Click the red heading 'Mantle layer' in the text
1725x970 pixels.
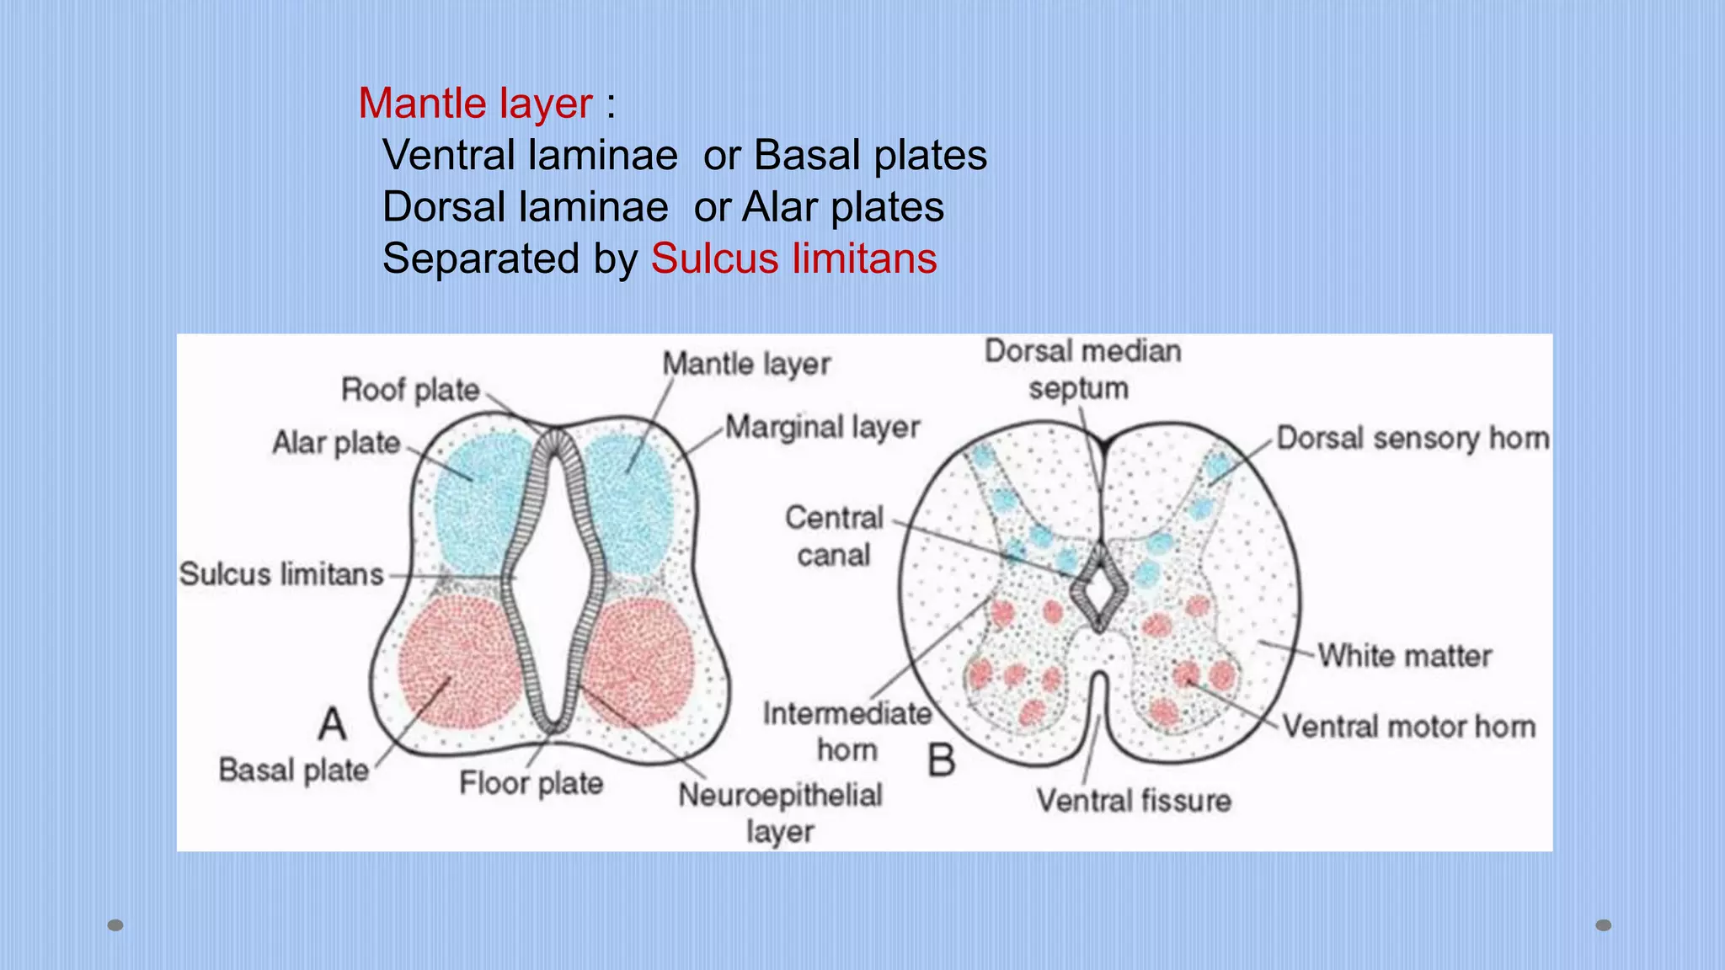pos(475,104)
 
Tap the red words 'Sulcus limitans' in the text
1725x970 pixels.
pos(793,258)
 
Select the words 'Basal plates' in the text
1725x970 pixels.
pos(870,155)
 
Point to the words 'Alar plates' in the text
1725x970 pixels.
pos(842,207)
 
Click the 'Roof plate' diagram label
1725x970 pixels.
pos(410,390)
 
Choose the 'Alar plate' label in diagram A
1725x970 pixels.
pos(336,442)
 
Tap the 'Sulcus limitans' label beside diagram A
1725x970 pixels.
pos(281,574)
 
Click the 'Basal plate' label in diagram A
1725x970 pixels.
pos(294,770)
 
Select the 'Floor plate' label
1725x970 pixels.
pos(531,783)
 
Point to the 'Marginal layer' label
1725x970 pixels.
pos(822,428)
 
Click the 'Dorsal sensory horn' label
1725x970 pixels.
pos(1413,439)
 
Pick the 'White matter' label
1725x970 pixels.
pos(1404,656)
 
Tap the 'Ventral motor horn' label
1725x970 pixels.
pos(1409,727)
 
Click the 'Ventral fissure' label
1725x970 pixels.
pos(1134,800)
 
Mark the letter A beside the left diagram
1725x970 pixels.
pos(333,724)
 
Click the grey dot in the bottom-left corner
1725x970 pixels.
pos(116,925)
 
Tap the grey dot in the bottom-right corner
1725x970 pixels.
pos(1604,925)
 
